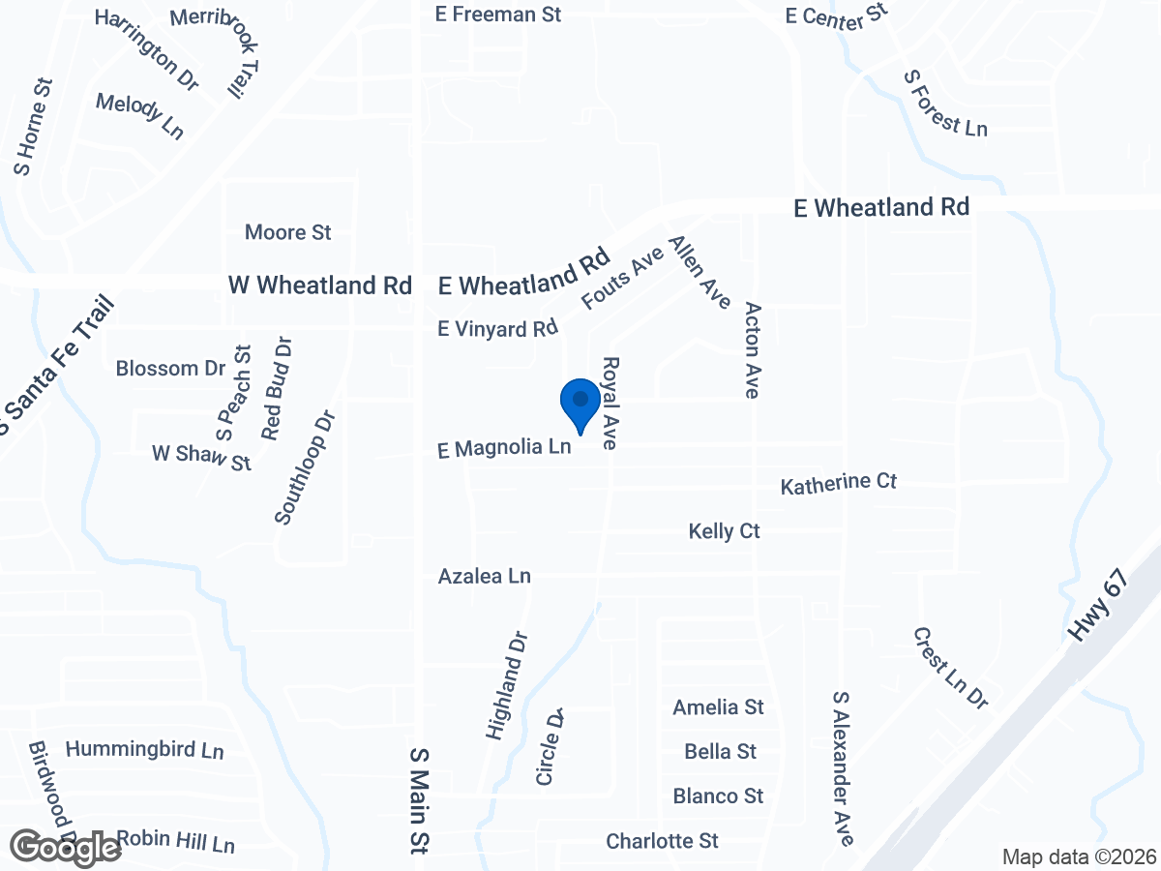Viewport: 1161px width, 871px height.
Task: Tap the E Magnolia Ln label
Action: click(x=504, y=448)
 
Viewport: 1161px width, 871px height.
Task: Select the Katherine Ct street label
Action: click(x=839, y=483)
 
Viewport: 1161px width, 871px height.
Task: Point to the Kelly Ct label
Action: click(x=724, y=531)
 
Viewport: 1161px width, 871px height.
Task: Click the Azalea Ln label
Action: click(x=484, y=576)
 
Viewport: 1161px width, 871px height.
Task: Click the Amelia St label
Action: click(x=718, y=707)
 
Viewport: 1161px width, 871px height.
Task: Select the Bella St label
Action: click(x=719, y=752)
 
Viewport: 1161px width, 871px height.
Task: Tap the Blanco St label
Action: click(x=718, y=796)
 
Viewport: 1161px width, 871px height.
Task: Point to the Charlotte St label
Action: click(x=662, y=841)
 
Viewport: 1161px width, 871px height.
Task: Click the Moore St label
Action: click(x=287, y=232)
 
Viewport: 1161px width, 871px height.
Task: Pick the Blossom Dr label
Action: click(x=170, y=369)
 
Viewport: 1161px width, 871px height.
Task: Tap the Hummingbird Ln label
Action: click(x=144, y=750)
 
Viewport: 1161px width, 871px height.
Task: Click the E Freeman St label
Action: click(x=497, y=15)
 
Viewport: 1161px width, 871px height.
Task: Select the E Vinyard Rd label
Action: click(x=498, y=329)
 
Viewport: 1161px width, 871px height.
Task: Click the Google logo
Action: click(x=66, y=848)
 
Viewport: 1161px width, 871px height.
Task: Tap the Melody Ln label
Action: click(x=140, y=115)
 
